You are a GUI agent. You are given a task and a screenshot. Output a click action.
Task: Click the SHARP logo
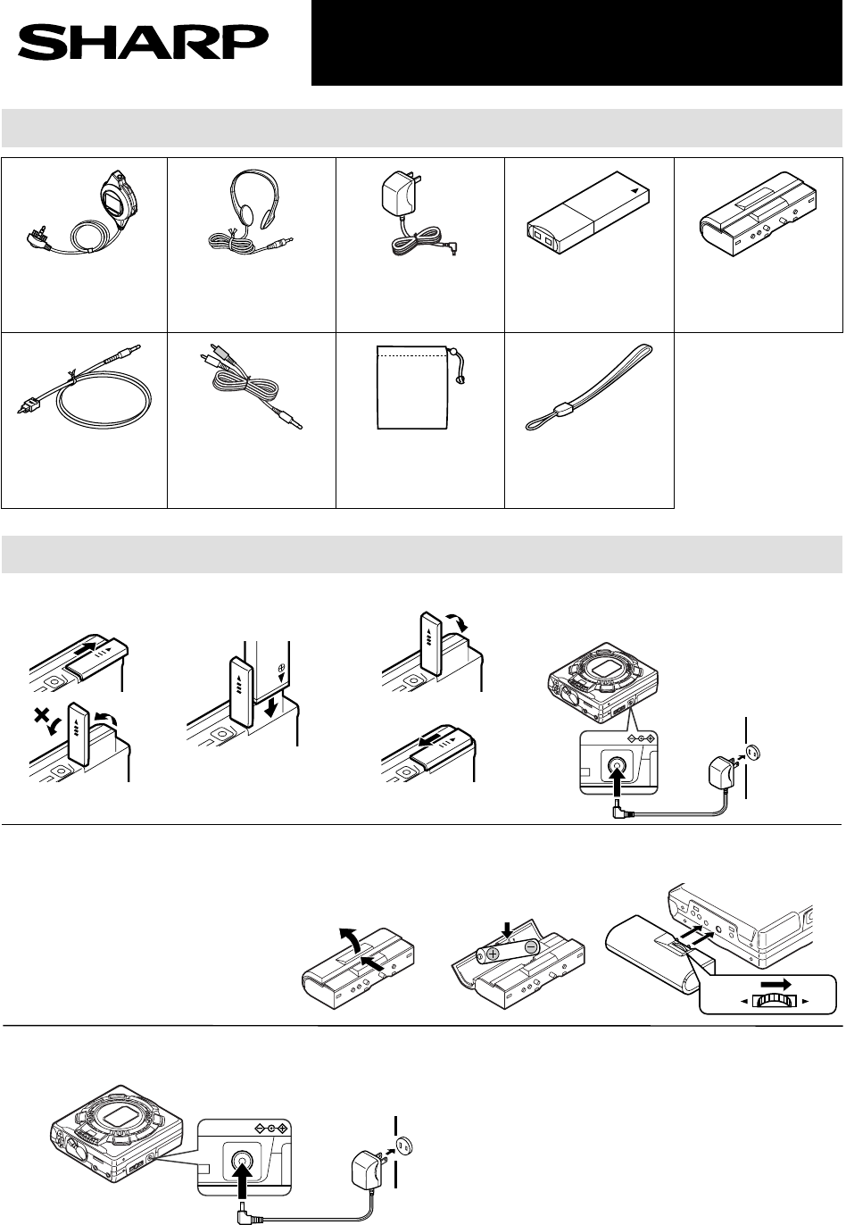pos(143,43)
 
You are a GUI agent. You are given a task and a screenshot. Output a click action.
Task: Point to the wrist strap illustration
pos(589,387)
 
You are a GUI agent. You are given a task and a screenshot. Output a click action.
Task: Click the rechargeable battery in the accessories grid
pos(589,212)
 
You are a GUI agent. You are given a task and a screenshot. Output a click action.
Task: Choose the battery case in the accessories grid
pos(758,213)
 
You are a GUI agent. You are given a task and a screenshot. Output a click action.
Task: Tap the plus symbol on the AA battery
pos(493,954)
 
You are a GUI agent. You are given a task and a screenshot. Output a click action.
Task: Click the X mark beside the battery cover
pos(40,714)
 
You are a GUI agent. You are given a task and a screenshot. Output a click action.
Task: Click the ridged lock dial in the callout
pos(775,1001)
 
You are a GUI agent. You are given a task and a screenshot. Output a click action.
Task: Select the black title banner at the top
pos(576,43)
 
